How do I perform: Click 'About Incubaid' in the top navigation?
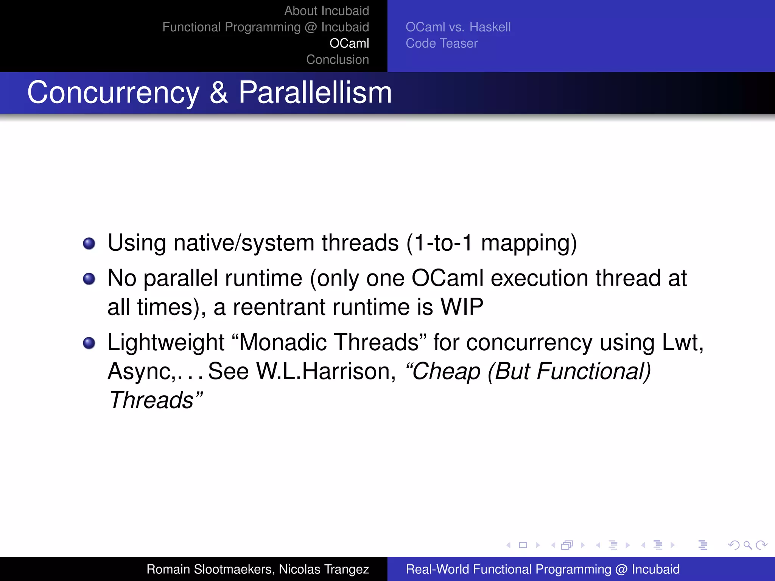326,11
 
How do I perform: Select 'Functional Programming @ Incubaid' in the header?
265,27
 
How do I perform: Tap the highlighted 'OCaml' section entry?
349,43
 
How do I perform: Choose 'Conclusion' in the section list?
337,60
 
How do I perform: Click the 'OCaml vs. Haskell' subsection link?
458,27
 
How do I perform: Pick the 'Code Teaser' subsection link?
441,43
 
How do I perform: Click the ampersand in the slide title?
219,93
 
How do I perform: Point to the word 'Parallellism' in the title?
315,93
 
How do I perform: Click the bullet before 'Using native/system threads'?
89,243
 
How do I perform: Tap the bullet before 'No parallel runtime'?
89,279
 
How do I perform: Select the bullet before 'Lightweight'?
89,343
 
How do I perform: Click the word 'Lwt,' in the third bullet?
682,342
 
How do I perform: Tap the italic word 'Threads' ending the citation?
151,400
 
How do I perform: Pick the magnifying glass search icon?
747,545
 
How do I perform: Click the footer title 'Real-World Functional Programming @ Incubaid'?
542,569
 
